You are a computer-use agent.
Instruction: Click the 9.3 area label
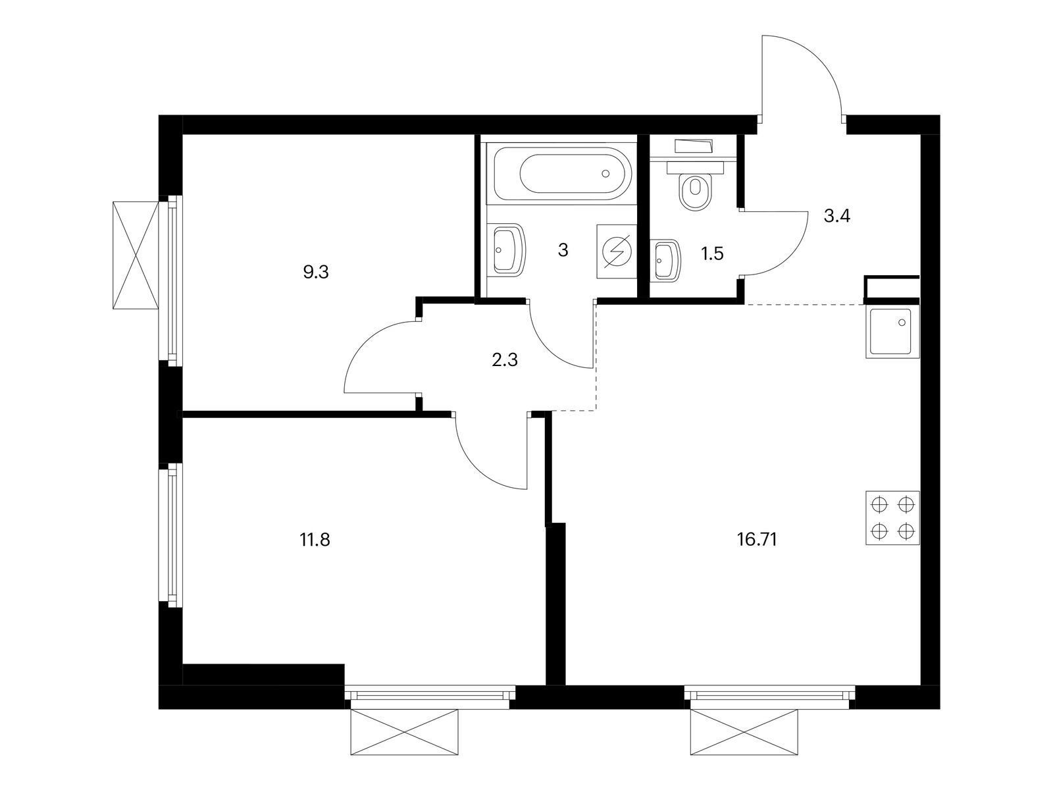(316, 273)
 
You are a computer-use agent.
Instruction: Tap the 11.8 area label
(315, 540)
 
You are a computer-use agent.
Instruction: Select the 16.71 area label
(757, 540)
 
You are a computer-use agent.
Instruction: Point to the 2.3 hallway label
(505, 359)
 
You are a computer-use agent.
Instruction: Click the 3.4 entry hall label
(837, 217)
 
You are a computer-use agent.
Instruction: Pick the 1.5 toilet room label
(712, 253)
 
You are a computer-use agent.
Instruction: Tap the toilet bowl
(696, 192)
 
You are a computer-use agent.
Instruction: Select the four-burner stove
(892, 518)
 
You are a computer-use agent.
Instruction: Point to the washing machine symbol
(617, 251)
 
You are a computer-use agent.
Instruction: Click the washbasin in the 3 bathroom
(509, 250)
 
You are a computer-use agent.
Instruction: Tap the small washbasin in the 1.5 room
(667, 259)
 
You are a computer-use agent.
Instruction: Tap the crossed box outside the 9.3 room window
(136, 255)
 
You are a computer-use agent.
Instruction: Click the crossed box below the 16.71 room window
(744, 733)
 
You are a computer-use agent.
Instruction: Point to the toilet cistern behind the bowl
(695, 167)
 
